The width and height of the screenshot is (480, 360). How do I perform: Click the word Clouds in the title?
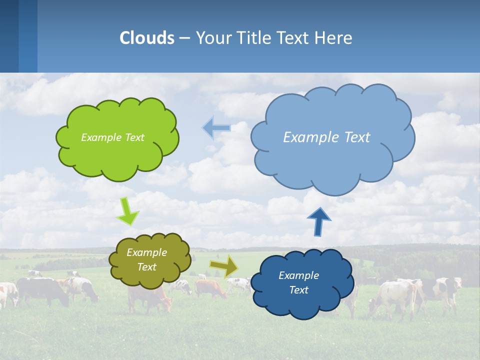pos(146,38)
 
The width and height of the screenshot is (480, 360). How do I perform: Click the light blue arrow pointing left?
pos(216,128)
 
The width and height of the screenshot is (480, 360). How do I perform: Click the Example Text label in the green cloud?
pos(112,137)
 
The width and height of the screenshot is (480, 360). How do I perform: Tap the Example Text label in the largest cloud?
pos(326,137)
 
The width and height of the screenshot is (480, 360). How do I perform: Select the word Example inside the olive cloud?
pos(146,252)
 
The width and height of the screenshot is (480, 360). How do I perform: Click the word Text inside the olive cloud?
pos(146,267)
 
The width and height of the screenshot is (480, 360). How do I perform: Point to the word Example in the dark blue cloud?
pos(298,275)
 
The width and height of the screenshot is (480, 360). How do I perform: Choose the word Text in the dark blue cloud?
pos(298,290)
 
